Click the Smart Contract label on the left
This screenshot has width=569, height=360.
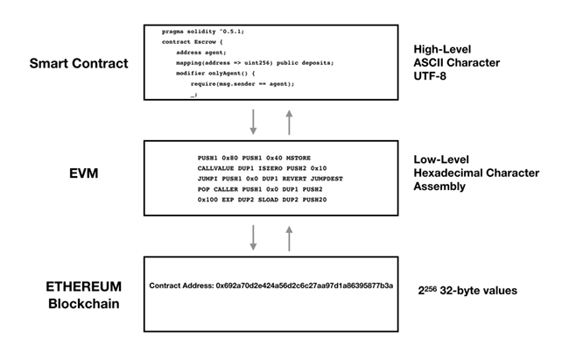(78, 64)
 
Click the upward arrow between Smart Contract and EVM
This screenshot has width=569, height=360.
(288, 122)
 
